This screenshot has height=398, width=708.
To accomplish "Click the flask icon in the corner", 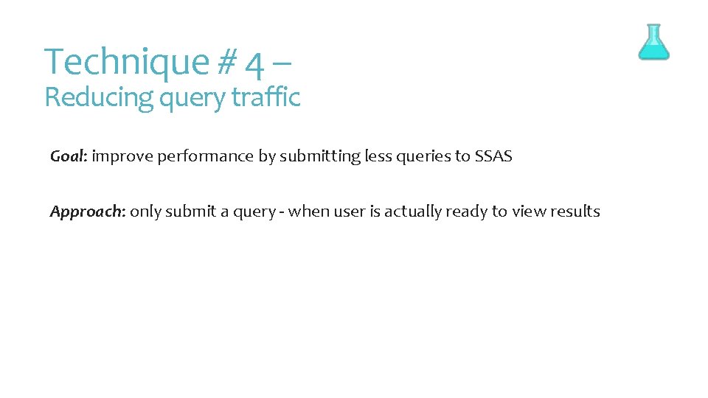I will coord(653,42).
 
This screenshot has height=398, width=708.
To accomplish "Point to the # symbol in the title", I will coord(227,63).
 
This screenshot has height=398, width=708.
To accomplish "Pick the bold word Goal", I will coord(68,156).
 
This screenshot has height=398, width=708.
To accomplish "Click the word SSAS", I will coord(491,156).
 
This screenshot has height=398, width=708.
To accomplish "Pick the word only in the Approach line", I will coord(145,212).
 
